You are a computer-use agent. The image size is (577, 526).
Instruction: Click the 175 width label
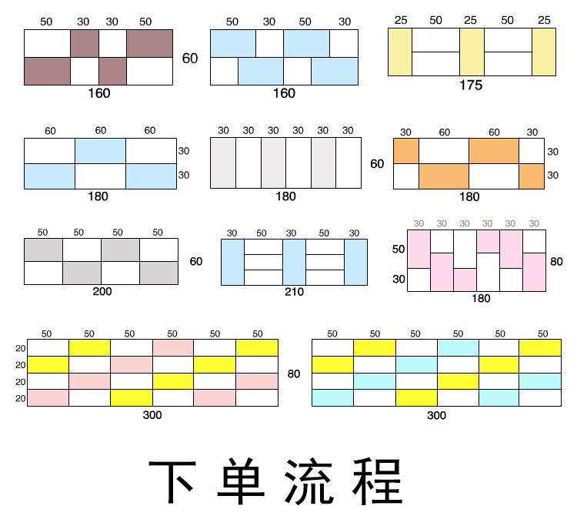coord(470,85)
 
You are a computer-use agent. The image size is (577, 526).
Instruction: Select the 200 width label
coord(102,293)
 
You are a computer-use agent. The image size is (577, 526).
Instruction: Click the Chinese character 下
coord(175,483)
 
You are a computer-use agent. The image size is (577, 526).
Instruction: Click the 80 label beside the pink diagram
coord(556,261)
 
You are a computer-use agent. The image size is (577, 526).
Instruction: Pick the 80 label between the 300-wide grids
coord(294,374)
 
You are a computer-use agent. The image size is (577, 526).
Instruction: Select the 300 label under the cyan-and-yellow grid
coord(436,415)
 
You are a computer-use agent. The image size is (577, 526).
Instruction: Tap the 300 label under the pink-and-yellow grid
coord(152,415)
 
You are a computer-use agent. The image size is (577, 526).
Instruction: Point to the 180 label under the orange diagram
coord(469,197)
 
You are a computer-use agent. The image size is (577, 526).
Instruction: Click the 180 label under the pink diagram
coord(480,299)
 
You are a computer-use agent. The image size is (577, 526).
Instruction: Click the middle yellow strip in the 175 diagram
coord(472,52)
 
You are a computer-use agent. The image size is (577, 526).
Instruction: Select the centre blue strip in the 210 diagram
coord(294,262)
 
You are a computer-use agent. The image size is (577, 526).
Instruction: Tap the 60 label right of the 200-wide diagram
coord(196,262)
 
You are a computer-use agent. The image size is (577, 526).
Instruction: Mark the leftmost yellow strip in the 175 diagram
coord(400,52)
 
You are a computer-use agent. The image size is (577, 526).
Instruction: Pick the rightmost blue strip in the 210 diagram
coord(355,262)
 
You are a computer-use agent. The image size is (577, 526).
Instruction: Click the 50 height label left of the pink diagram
coord(399,250)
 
